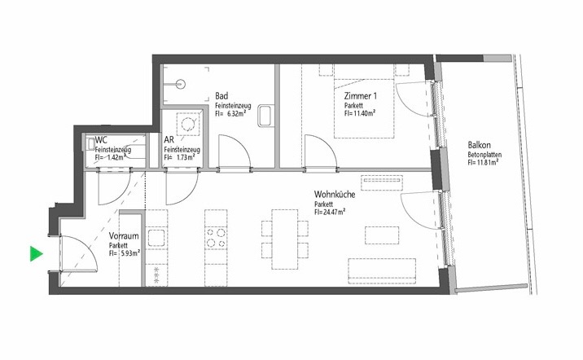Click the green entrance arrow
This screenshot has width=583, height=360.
pos(36,253)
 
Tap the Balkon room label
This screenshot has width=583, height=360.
pos(480,145)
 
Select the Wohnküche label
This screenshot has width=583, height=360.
pos(335,194)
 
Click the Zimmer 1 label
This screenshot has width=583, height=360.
pos(360,96)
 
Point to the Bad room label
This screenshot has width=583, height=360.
pos(221,96)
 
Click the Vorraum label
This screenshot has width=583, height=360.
pos(124,235)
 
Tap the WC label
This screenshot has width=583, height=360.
pos(101,140)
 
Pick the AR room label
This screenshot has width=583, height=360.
pos(169,140)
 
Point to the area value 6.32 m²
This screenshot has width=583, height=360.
pos(236,113)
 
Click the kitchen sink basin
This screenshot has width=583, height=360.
pos(156,238)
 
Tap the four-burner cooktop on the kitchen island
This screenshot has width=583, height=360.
pos(216,238)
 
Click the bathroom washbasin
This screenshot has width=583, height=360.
pos(266,116)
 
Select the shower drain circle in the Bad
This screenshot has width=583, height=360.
pos(181,85)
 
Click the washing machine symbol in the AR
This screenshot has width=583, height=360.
pos(188,124)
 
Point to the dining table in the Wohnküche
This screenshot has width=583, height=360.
pos(285,239)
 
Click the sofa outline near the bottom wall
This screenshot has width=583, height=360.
pos(382,271)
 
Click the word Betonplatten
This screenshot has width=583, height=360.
pos(484,154)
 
